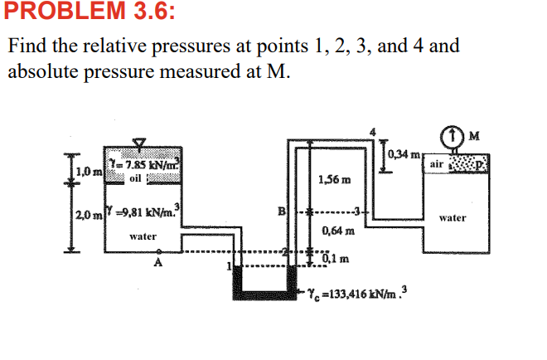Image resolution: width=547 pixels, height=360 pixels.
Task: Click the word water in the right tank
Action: point(453,218)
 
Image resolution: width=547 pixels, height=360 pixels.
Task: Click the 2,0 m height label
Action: point(89,216)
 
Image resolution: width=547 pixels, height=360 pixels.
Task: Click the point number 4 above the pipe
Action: point(372,130)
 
